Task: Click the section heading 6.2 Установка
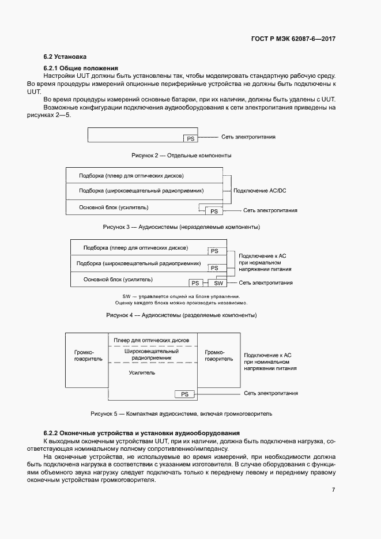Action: tap(65, 57)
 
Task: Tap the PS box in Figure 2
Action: tap(190, 138)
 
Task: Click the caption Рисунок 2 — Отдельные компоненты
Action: tap(182, 156)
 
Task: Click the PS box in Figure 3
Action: tap(214, 211)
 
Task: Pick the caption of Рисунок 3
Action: tap(181, 227)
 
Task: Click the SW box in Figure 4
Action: tap(218, 283)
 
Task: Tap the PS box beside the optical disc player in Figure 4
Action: tap(214, 251)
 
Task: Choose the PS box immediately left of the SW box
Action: tap(196, 283)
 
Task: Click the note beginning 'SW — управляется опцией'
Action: tap(181, 296)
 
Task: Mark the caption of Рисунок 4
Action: tap(181, 315)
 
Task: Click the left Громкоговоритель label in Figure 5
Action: tap(88, 355)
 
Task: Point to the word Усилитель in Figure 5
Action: tap(142, 373)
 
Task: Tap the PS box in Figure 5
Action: tap(184, 394)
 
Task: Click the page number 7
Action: tap(333, 490)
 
